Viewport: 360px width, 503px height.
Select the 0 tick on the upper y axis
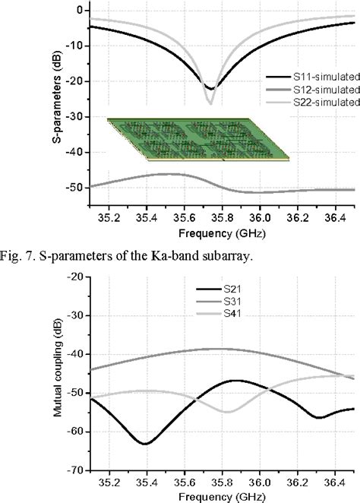[79, 10]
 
